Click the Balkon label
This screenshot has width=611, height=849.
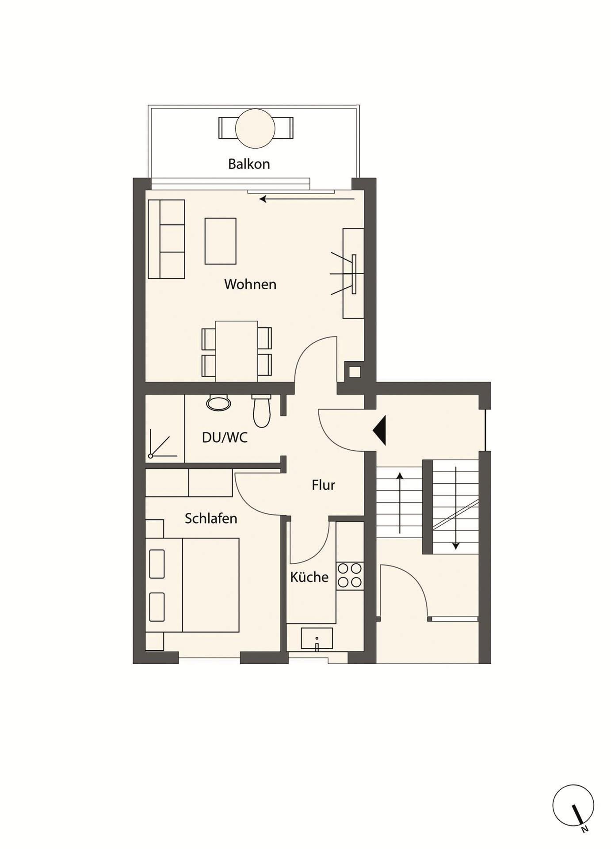[x=249, y=164]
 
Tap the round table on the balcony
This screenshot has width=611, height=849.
[x=255, y=128]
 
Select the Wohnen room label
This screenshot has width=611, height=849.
[x=250, y=284]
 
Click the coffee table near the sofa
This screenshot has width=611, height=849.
[x=220, y=241]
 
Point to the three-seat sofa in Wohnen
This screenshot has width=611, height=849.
[x=166, y=239]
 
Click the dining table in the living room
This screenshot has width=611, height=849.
[x=237, y=351]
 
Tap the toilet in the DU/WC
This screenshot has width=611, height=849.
[x=261, y=410]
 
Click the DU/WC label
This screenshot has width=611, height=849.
[x=225, y=438]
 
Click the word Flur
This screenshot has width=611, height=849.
[x=323, y=485]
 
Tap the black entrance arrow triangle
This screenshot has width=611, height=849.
[x=379, y=430]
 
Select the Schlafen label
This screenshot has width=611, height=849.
[x=211, y=518]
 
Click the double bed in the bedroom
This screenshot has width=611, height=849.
[x=192, y=585]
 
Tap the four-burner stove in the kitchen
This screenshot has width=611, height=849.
[x=350, y=576]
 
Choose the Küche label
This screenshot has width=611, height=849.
[x=309, y=577]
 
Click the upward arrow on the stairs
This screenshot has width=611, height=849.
[x=400, y=503]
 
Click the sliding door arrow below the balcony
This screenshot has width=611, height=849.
[x=307, y=199]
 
